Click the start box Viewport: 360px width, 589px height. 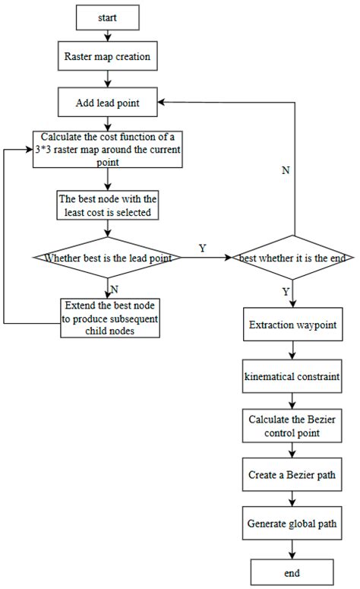pos(108,14)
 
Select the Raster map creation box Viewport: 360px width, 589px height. pos(108,55)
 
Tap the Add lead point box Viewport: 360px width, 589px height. pos(108,101)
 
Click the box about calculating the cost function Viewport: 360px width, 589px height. pos(108,149)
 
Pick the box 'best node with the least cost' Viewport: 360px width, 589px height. pos(108,207)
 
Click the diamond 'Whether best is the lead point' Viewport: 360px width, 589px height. pos(108,258)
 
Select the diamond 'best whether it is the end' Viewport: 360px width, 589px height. pos(293,258)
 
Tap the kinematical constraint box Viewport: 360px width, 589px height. pos(293,376)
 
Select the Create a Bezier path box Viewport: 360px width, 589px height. pos(293,475)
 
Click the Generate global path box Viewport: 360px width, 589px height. pos(293,524)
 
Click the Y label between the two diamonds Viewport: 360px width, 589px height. pos(201,248)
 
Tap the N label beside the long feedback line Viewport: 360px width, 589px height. pos(285,170)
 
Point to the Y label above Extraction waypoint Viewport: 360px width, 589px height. pos(286,291)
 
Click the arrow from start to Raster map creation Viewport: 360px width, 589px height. pos(108,33)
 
